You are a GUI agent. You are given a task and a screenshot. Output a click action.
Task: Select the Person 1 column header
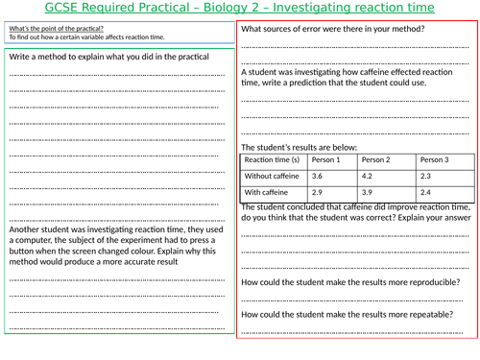coord(320,159)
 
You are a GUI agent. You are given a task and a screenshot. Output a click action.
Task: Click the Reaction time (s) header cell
coord(273,159)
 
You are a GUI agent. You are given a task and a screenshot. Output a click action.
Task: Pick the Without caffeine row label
coord(273,177)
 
